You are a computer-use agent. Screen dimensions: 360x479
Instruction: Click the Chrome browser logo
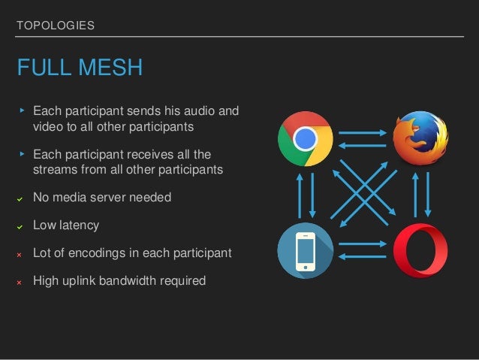305,138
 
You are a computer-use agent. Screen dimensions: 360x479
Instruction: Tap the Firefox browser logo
420,138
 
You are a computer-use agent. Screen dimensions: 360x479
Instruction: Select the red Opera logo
420,251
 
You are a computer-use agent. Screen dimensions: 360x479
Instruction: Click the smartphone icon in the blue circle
305,251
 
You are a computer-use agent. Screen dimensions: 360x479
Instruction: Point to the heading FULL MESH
80,68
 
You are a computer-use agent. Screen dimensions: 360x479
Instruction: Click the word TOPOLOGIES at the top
56,26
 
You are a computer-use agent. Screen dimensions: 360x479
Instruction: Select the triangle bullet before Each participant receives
22,155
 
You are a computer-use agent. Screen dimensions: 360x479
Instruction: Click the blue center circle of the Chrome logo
305,139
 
